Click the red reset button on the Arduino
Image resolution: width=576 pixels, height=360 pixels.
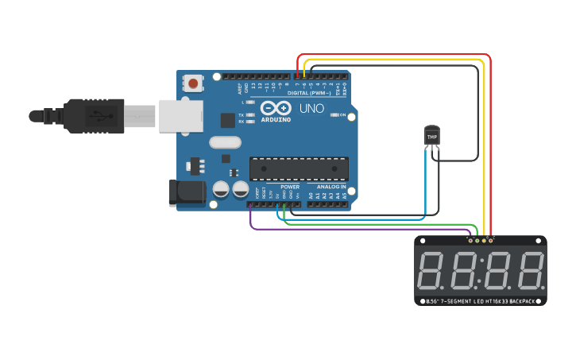point(193,82)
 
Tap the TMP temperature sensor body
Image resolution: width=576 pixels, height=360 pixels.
point(431,137)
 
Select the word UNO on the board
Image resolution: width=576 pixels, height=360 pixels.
point(311,108)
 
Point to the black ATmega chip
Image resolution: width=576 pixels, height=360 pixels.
point(299,168)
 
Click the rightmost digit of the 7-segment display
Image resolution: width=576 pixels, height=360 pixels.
point(530,270)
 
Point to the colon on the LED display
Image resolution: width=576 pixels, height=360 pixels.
point(481,270)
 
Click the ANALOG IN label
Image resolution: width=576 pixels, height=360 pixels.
point(331,187)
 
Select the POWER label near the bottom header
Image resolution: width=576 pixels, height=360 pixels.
point(289,187)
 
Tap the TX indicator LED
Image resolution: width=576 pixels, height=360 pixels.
point(250,115)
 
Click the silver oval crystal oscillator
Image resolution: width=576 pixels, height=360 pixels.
point(225,142)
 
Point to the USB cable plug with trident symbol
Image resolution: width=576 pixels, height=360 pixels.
point(95,115)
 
